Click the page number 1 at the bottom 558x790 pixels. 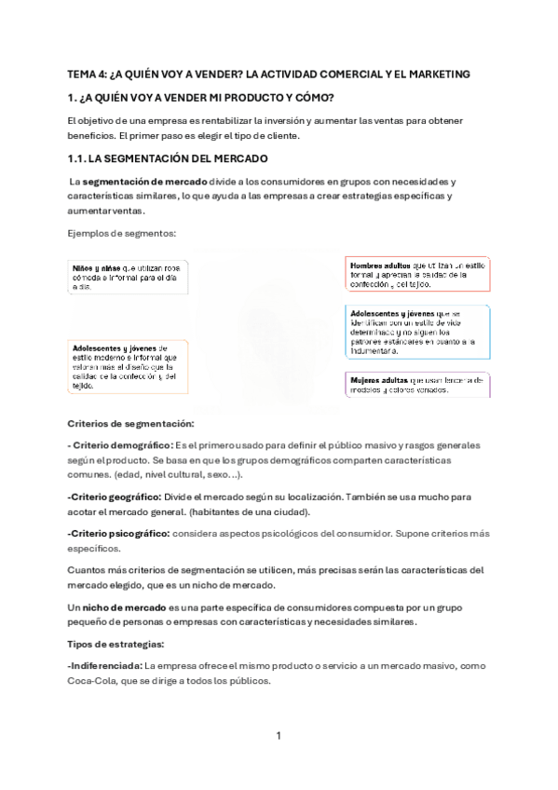[279, 736]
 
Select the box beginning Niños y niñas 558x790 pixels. [128, 277]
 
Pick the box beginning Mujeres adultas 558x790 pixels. [417, 385]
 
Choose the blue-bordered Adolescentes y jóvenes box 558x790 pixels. [417, 333]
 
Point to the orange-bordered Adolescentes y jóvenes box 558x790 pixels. [128, 366]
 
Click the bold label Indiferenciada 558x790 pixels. [104, 666]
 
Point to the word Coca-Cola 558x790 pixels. [91, 681]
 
